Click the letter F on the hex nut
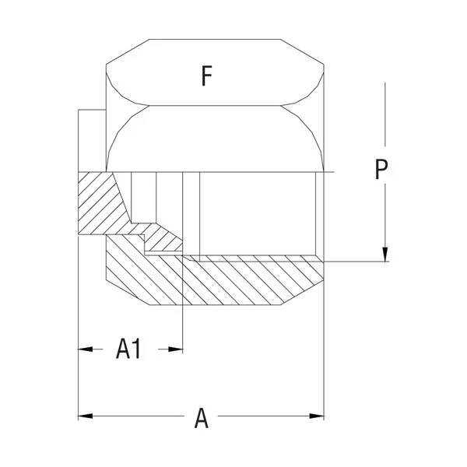207,76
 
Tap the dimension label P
381,169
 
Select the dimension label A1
128,349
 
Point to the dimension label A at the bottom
202,418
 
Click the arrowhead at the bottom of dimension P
385,255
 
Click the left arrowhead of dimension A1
85,349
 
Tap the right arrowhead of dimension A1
175,349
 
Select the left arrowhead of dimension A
85,416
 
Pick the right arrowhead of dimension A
317,416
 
